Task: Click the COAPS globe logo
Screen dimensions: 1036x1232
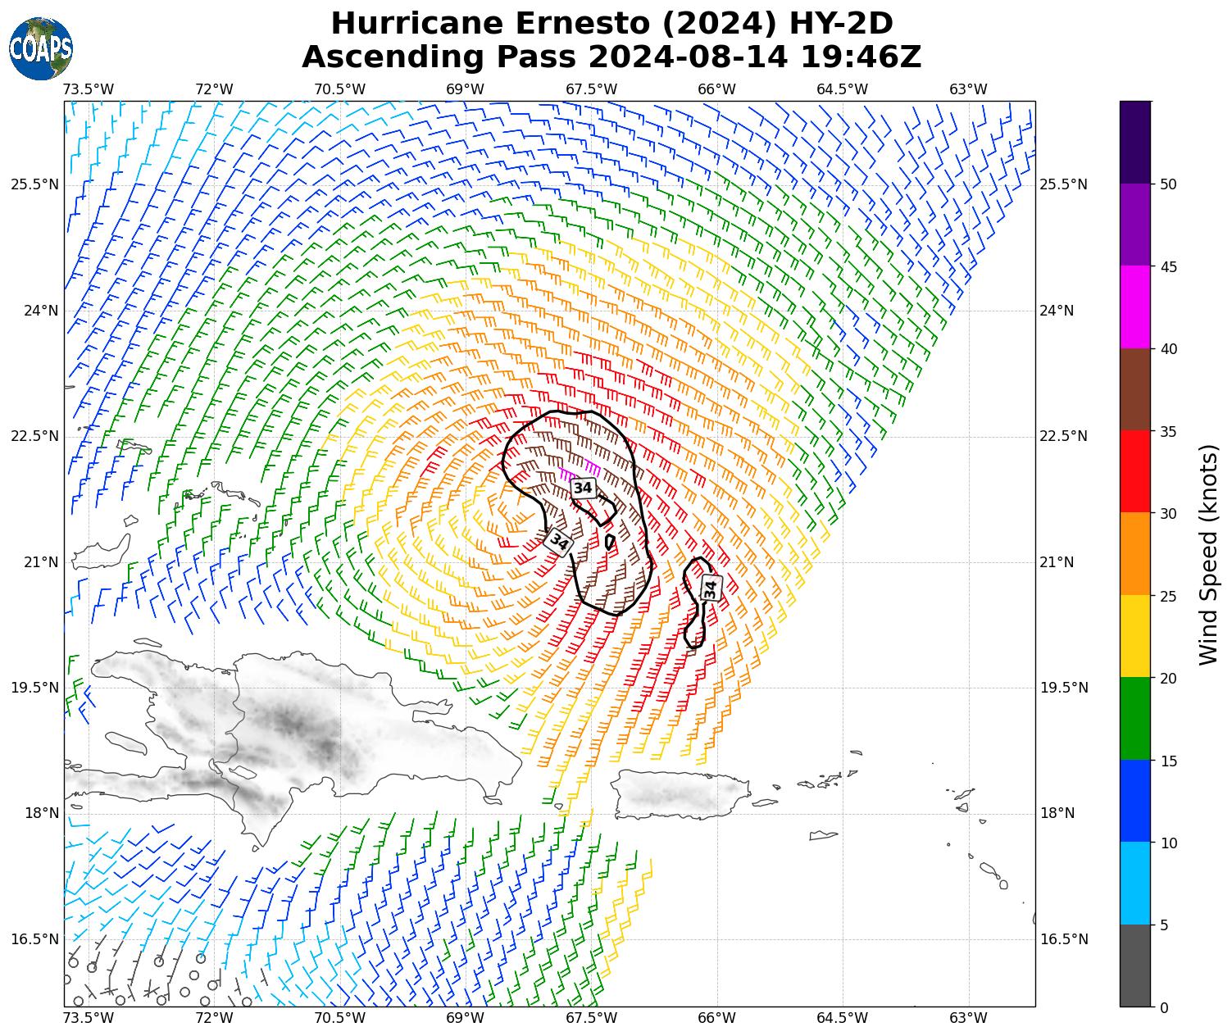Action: [x=40, y=48]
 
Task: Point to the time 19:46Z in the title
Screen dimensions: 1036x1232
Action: [x=861, y=57]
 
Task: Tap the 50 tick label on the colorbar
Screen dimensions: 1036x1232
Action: [x=1169, y=184]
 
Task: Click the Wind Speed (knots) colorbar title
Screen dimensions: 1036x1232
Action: [x=1208, y=554]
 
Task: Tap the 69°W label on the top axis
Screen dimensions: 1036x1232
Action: [x=465, y=89]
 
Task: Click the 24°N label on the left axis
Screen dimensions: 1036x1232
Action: [x=34, y=311]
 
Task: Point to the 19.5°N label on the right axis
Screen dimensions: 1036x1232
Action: [x=1064, y=688]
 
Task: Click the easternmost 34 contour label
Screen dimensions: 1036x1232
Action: [x=710, y=588]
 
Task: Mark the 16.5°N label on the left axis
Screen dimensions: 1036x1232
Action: [x=34, y=939]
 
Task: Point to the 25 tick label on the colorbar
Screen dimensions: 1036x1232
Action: [x=1169, y=596]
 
